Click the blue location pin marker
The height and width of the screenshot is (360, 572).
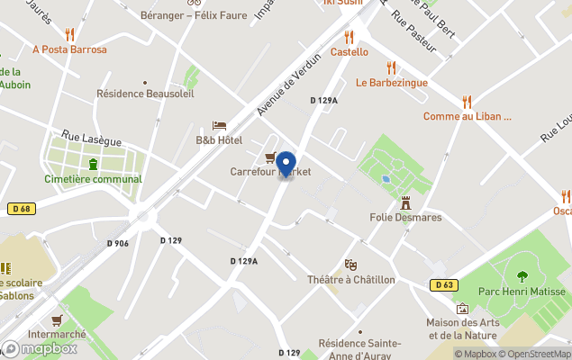click(286, 164)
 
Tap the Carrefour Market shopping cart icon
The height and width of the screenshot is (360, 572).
click(270, 158)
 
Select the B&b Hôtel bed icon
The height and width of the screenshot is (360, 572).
click(219, 126)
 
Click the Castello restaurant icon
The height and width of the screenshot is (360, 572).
click(349, 38)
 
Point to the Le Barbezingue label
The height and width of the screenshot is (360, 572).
click(391, 83)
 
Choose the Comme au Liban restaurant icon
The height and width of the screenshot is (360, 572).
click(467, 102)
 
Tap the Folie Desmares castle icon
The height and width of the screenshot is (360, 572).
click(405, 202)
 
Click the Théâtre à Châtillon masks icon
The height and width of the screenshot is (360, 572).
click(350, 265)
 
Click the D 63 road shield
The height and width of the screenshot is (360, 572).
click(442, 285)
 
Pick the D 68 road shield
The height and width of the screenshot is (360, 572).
click(22, 209)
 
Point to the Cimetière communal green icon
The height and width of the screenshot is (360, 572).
click(94, 163)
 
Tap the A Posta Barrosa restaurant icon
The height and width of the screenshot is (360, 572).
click(69, 35)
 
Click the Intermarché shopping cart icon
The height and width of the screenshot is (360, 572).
click(57, 319)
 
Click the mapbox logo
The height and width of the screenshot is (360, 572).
click(40, 348)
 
